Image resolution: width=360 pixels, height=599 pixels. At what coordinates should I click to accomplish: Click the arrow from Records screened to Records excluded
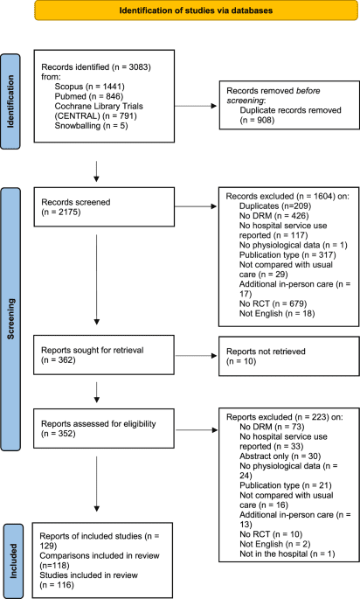(x=205, y=207)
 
